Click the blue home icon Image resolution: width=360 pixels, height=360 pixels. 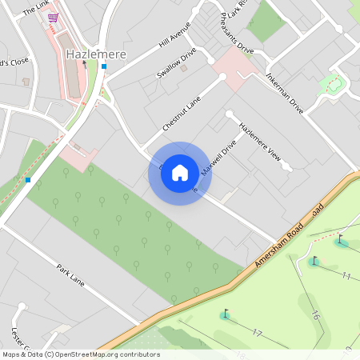pos(180,172)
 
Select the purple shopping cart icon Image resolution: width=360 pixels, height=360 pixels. pos(53,18)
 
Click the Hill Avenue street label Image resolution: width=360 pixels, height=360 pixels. pos(176,36)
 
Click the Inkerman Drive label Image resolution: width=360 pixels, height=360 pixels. pos(285,94)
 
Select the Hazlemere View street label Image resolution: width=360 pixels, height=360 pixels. pos(260,144)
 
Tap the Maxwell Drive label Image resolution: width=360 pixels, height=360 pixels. pos(218,159)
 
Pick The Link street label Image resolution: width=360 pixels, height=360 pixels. pos(35,9)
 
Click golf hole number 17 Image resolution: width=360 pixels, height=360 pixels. pos(257,332)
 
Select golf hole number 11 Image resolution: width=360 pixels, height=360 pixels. pos(346,276)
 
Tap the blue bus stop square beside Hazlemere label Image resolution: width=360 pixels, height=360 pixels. pos(103,66)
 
